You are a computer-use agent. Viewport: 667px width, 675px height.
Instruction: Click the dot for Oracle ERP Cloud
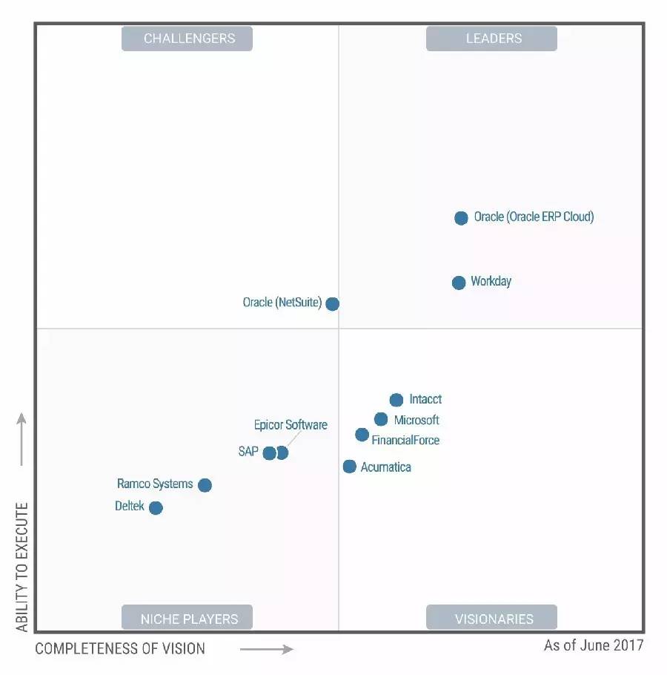tap(461, 218)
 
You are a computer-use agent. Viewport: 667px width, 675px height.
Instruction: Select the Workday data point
tap(459, 283)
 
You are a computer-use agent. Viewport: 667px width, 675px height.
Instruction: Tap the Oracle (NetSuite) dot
tap(333, 303)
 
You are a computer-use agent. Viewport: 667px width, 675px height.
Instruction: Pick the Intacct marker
tap(396, 400)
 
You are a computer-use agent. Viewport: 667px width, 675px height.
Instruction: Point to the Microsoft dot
tap(381, 420)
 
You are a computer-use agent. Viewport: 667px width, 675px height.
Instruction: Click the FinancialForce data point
tap(362, 435)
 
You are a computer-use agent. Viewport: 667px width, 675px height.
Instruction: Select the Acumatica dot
tap(350, 467)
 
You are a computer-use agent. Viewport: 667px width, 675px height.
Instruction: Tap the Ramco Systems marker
tap(205, 485)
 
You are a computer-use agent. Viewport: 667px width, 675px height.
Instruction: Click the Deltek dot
tap(156, 508)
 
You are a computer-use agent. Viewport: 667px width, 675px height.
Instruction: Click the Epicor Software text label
tap(291, 425)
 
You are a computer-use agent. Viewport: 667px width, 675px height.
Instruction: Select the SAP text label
tap(248, 451)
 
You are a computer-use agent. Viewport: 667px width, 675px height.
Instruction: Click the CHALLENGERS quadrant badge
tap(188, 39)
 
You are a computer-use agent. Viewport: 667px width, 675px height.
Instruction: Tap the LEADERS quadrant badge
tap(491, 39)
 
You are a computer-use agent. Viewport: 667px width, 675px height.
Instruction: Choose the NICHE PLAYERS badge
tap(188, 618)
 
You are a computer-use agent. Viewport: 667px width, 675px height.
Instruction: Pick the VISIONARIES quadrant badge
tap(491, 618)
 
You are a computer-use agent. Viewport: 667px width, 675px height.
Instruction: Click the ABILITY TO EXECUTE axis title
tap(22, 567)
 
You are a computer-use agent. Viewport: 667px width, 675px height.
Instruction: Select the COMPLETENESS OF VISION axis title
tap(120, 649)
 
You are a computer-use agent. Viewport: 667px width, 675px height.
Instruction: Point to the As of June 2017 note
tap(594, 645)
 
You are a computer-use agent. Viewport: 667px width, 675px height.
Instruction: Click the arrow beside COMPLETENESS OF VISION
tap(267, 650)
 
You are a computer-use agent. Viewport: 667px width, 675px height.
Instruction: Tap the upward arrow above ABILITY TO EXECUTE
tap(22, 439)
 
